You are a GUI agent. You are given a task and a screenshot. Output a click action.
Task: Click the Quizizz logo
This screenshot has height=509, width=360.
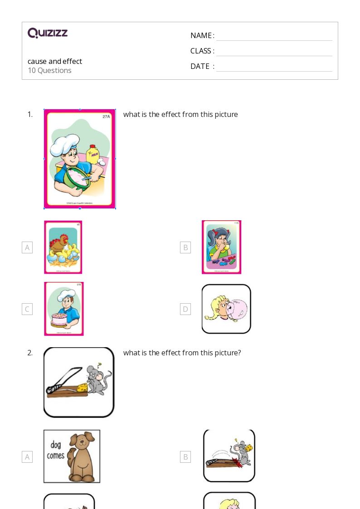pyautogui.click(x=48, y=33)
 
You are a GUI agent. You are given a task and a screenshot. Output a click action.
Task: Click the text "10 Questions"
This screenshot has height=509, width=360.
pyautogui.click(x=49, y=71)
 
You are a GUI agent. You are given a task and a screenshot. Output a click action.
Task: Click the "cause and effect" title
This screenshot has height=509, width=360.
pyautogui.click(x=55, y=61)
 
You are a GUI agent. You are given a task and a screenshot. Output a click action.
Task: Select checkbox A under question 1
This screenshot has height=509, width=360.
pyautogui.click(x=27, y=247)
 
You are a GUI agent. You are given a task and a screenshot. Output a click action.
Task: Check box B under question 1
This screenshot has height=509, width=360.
pyautogui.click(x=185, y=247)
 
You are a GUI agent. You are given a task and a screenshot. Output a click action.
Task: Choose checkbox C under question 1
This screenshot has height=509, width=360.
pyautogui.click(x=27, y=309)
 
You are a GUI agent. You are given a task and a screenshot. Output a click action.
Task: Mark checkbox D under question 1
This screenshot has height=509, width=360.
pyautogui.click(x=185, y=309)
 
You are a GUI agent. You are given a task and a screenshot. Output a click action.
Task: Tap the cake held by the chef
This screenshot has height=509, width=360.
pyautogui.click(x=59, y=320)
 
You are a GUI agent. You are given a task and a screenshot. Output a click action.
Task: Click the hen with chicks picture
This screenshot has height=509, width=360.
pyautogui.click(x=63, y=247)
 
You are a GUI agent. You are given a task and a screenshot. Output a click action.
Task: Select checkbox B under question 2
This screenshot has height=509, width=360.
pyautogui.click(x=185, y=457)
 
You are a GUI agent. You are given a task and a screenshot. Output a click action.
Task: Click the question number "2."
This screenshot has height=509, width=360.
pyautogui.click(x=30, y=353)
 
